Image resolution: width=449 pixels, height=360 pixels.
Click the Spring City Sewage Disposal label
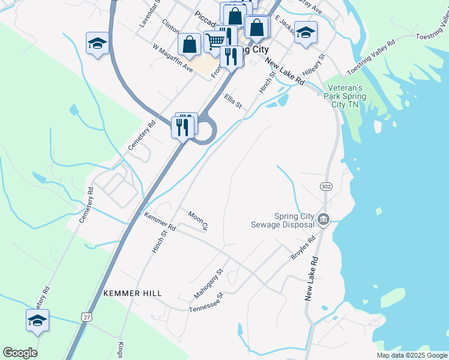point(286,220)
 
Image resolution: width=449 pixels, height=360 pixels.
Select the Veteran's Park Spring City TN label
point(343,95)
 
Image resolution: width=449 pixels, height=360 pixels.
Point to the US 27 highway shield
point(88,317)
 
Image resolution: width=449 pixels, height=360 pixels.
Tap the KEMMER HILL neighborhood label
point(132,293)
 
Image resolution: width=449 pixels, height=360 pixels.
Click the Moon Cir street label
point(197,220)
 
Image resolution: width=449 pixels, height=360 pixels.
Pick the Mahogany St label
point(208,284)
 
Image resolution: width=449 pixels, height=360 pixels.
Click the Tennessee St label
point(206,302)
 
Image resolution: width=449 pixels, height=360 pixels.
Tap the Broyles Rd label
point(303,248)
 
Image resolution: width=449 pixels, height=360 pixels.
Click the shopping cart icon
point(214,41)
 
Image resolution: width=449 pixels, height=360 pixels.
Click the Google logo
point(20,353)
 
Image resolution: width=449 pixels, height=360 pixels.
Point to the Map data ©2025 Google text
point(412,355)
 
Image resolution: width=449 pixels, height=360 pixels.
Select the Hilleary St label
point(314,65)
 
